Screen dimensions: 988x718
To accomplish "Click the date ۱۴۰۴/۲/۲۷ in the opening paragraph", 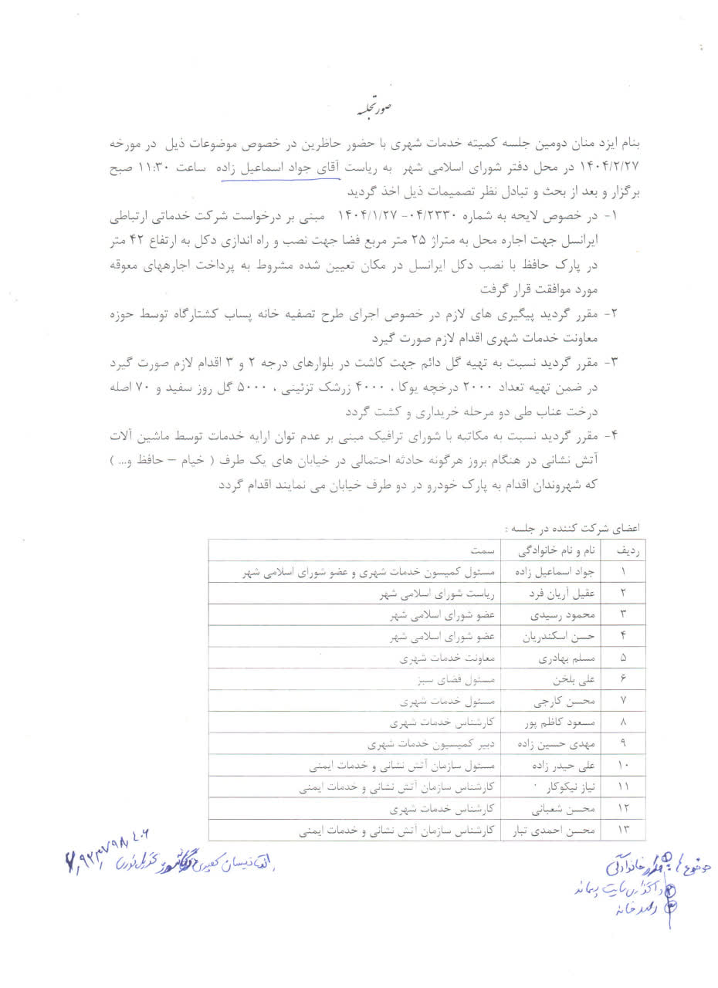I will coord(609,167).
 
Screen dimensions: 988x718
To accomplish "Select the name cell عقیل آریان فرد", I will coord(546,595).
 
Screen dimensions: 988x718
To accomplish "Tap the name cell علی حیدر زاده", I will coord(544,766).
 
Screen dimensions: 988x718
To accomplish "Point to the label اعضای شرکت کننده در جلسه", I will coord(572,529).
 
